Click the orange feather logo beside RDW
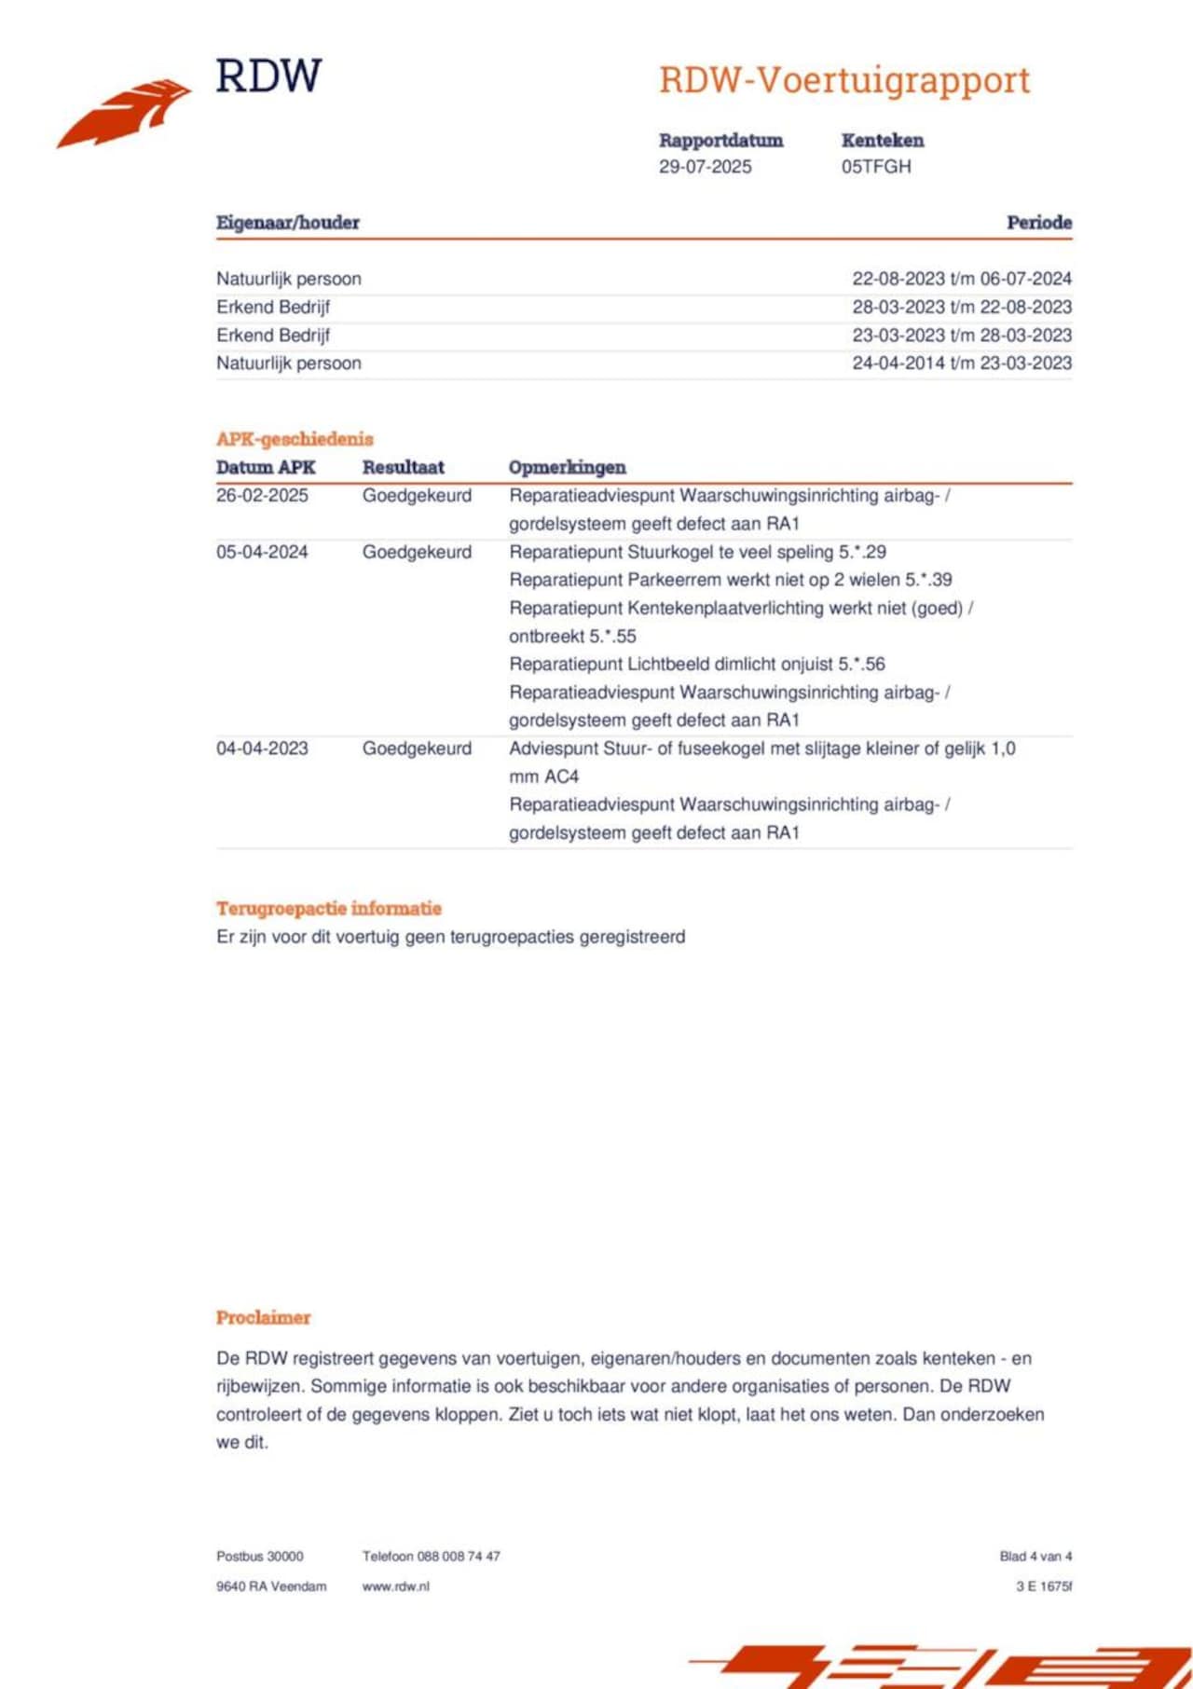(x=126, y=113)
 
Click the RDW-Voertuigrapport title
(x=844, y=80)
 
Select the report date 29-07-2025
(x=705, y=167)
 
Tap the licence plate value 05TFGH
(x=876, y=167)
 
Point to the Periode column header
(x=1038, y=223)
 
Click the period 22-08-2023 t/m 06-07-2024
(x=961, y=279)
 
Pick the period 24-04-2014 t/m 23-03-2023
(x=961, y=363)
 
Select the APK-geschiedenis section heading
(x=295, y=439)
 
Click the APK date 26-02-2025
(x=262, y=496)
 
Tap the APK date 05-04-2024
(x=262, y=552)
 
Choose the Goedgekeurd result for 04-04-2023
(x=417, y=748)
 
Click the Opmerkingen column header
(x=567, y=467)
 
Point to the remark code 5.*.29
(x=862, y=552)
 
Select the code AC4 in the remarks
(x=561, y=776)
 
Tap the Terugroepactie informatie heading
(x=329, y=908)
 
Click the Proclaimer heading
(x=263, y=1317)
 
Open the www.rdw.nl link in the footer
(x=396, y=1586)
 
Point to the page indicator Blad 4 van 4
(x=1035, y=1556)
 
